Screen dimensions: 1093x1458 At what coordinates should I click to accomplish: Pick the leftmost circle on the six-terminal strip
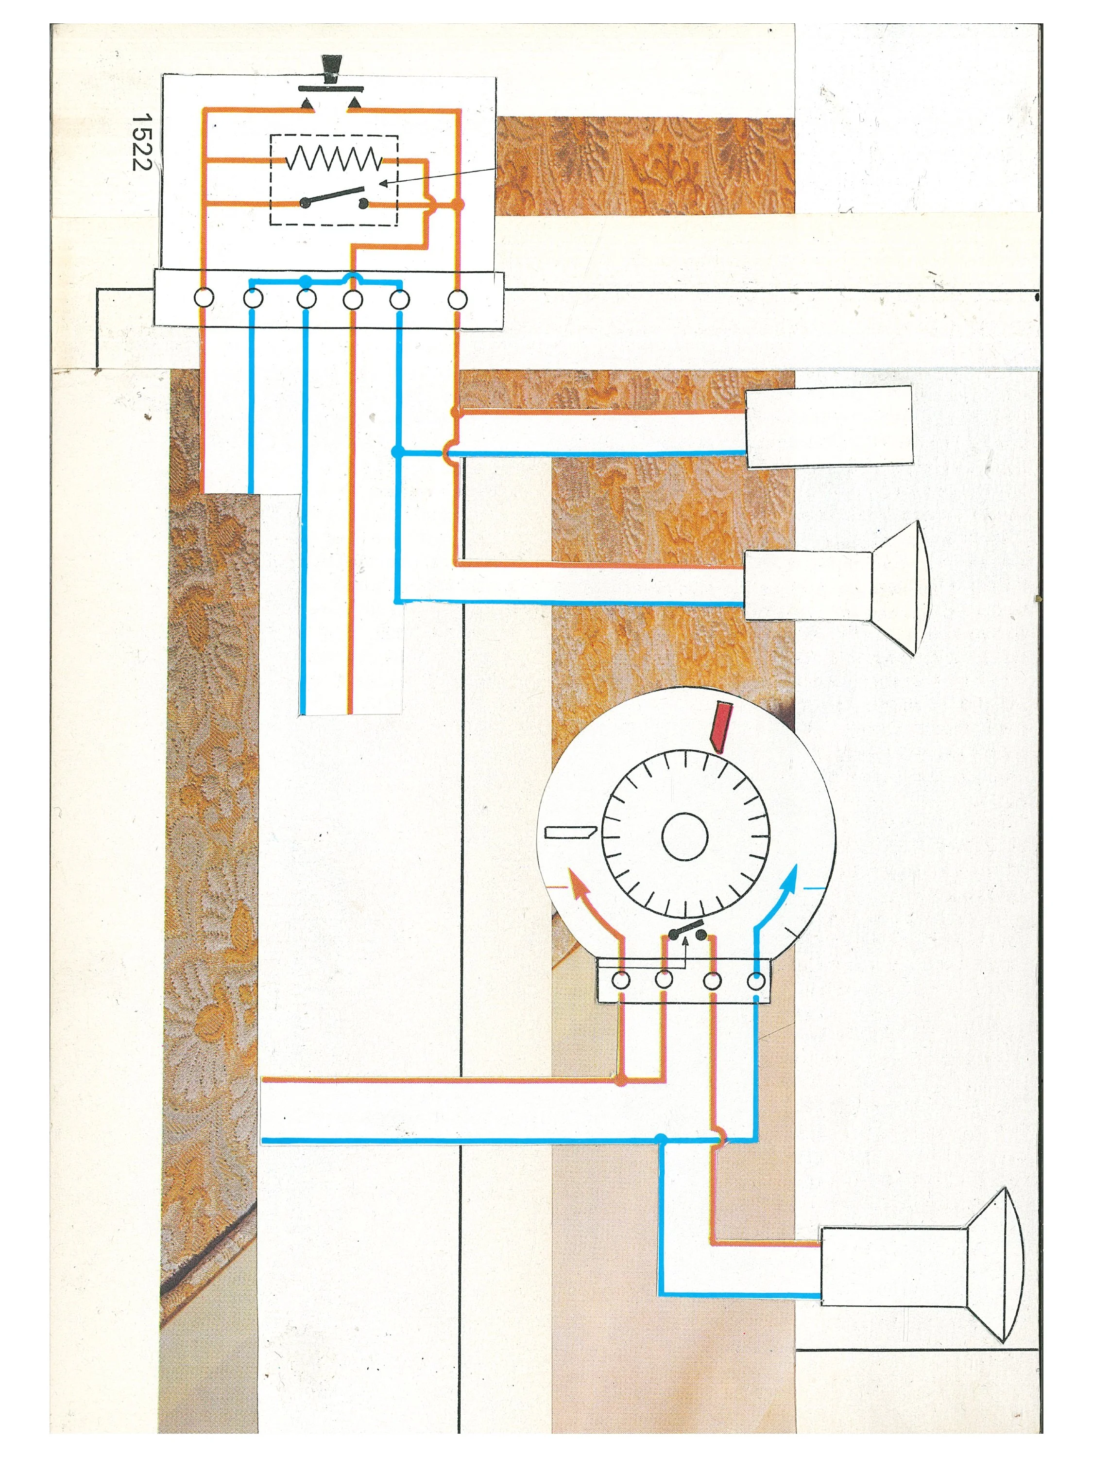[x=204, y=298]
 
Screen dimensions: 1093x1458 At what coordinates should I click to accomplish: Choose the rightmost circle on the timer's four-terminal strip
[x=756, y=981]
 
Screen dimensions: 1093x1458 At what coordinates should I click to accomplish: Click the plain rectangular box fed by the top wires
[x=829, y=426]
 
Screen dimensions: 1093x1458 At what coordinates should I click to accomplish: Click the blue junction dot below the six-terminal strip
[x=396, y=451]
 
